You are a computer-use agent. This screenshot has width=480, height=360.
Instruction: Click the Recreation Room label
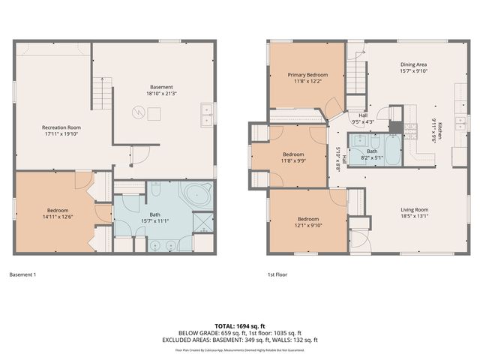coord(61,127)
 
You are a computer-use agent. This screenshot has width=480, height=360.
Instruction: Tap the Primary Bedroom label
coord(307,75)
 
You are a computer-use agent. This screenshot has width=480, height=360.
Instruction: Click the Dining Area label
coord(413,64)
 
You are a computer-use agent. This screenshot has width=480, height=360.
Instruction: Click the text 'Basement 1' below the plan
coord(22,274)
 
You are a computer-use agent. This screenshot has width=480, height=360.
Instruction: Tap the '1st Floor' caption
coord(277,274)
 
